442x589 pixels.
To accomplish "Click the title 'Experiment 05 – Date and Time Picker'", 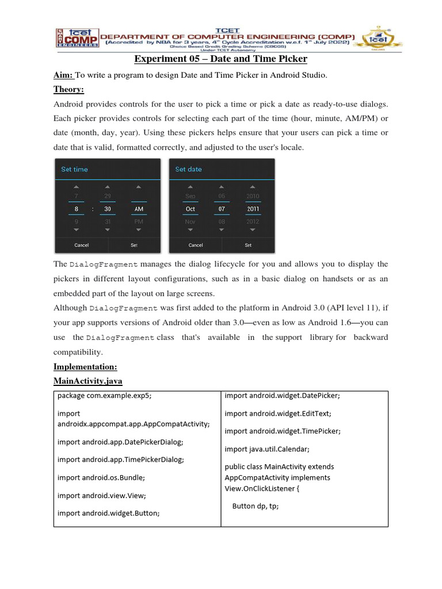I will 220,59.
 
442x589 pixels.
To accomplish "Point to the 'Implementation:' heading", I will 85,366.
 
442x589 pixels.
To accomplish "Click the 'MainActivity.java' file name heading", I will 87,381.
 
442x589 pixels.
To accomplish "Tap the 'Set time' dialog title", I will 75,169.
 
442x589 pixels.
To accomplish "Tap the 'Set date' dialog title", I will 188,169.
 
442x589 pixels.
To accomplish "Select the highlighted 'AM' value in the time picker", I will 139,209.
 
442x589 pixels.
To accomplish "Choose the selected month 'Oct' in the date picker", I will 190,209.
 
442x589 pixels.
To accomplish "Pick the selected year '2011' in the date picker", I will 253,209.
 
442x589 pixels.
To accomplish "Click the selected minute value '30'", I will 108,209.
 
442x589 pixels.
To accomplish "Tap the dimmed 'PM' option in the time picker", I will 139,221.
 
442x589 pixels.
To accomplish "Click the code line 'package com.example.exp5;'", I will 105,396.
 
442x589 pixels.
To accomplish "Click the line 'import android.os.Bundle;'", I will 101,477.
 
